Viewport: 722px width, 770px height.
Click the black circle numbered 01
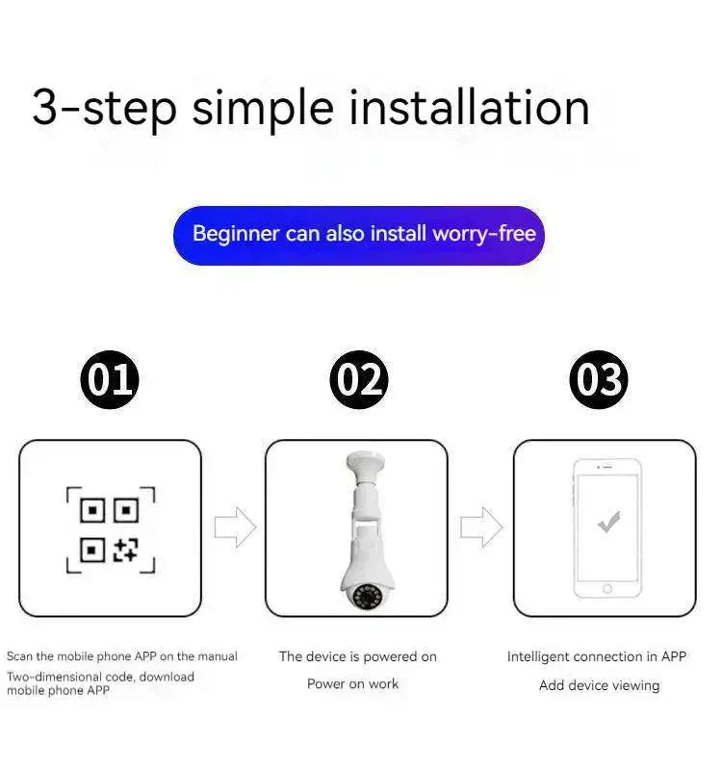pyautogui.click(x=110, y=379)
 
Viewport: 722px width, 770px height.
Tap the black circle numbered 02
pyautogui.click(x=359, y=379)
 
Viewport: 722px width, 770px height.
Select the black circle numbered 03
pyautogui.click(x=599, y=379)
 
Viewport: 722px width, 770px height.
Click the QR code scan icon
pyautogui.click(x=111, y=530)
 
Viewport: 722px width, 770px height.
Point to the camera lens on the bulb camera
pyautogui.click(x=365, y=597)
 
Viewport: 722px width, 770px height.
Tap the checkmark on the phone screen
pyautogui.click(x=608, y=522)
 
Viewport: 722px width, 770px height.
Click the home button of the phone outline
pyautogui.click(x=607, y=589)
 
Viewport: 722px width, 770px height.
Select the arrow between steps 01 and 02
pyautogui.click(x=235, y=526)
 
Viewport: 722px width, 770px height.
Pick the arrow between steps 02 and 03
pyautogui.click(x=481, y=526)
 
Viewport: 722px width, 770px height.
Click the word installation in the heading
pyautogui.click(x=469, y=108)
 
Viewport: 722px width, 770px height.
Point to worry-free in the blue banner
pyautogui.click(x=484, y=234)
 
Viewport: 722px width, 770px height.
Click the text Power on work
pyautogui.click(x=352, y=683)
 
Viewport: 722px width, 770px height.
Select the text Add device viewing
pyautogui.click(x=599, y=685)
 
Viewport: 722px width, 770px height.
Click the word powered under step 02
pyautogui.click(x=391, y=657)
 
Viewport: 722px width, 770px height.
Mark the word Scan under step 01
pyautogui.click(x=19, y=656)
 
